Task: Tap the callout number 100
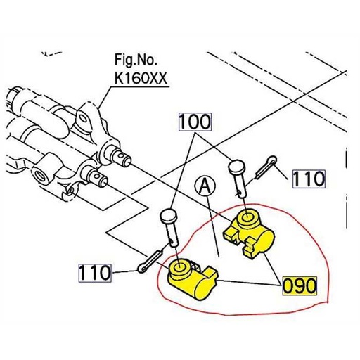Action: point(194,122)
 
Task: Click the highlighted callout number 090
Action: point(299,286)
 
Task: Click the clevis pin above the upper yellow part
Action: point(238,180)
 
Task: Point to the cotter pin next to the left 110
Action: point(149,259)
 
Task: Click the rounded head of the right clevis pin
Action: point(236,167)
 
